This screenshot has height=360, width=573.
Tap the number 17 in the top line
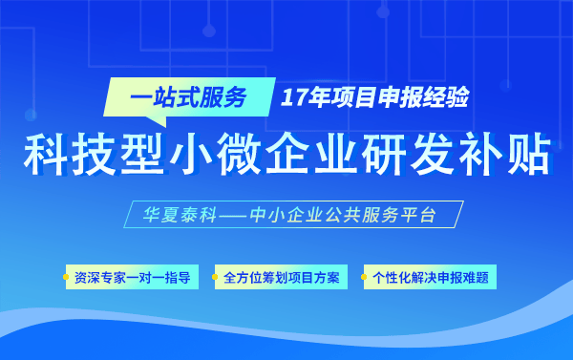coord(294,97)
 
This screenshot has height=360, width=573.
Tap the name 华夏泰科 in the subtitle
coord(168,215)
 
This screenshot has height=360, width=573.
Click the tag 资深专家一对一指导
coord(132,279)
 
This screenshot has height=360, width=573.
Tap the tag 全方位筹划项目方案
coord(280,279)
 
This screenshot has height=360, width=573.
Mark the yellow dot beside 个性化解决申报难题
coord(365,279)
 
